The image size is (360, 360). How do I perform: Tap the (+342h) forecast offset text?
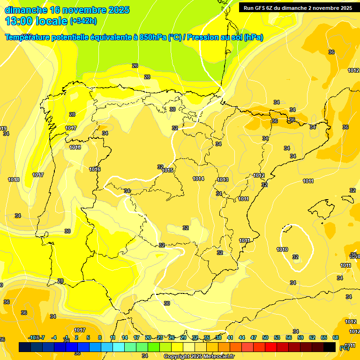83,21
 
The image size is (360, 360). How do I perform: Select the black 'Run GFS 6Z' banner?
298,8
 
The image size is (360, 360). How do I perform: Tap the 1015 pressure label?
168,170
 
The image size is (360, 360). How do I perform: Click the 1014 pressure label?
198,179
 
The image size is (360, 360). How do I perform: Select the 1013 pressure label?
223,180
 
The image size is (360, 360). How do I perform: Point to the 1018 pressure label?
14,180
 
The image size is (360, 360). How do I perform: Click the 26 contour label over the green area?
135,66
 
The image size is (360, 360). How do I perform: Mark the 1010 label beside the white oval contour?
282,249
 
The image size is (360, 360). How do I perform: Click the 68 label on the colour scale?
336,337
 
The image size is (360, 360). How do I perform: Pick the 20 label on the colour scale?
148,337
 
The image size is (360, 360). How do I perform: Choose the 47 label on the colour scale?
254,337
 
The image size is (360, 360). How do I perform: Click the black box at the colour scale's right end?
330,347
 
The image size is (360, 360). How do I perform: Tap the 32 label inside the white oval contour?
295,257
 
